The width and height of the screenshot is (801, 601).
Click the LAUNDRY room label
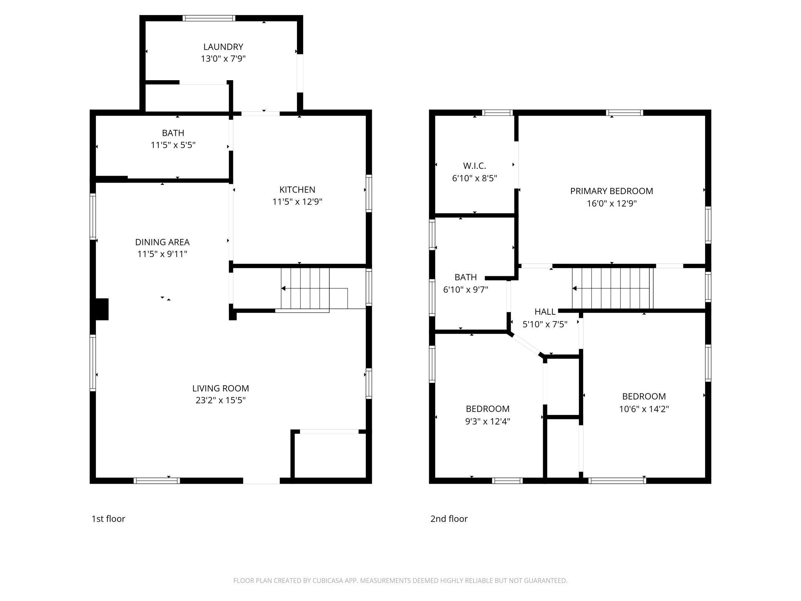pos(223,47)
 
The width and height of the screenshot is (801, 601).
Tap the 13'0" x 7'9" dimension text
pos(223,59)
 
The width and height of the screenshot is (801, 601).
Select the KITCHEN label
pos(297,190)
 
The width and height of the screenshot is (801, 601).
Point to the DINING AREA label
pos(162,242)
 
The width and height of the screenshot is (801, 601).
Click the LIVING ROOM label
pos(221,388)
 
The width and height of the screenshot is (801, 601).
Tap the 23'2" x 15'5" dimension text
pos(221,400)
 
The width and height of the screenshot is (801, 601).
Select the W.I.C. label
pos(474,166)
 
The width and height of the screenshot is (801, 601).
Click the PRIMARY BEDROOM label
pos(612,191)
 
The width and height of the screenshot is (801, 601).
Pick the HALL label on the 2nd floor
pos(545,312)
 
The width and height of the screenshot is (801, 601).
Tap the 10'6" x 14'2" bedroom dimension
pos(644,409)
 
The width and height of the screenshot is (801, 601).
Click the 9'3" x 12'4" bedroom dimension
pos(488,421)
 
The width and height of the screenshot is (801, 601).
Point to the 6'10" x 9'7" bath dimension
pos(466,289)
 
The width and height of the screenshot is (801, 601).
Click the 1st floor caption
pos(108,519)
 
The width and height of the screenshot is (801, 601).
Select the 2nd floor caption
pos(449,519)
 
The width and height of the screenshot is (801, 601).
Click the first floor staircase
pos(305,289)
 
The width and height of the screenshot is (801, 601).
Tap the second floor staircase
pos(612,289)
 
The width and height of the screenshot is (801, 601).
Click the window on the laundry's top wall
pos(209,18)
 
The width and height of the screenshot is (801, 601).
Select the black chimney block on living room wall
pos(100,309)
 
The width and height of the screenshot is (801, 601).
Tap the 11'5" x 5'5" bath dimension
pos(173,145)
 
